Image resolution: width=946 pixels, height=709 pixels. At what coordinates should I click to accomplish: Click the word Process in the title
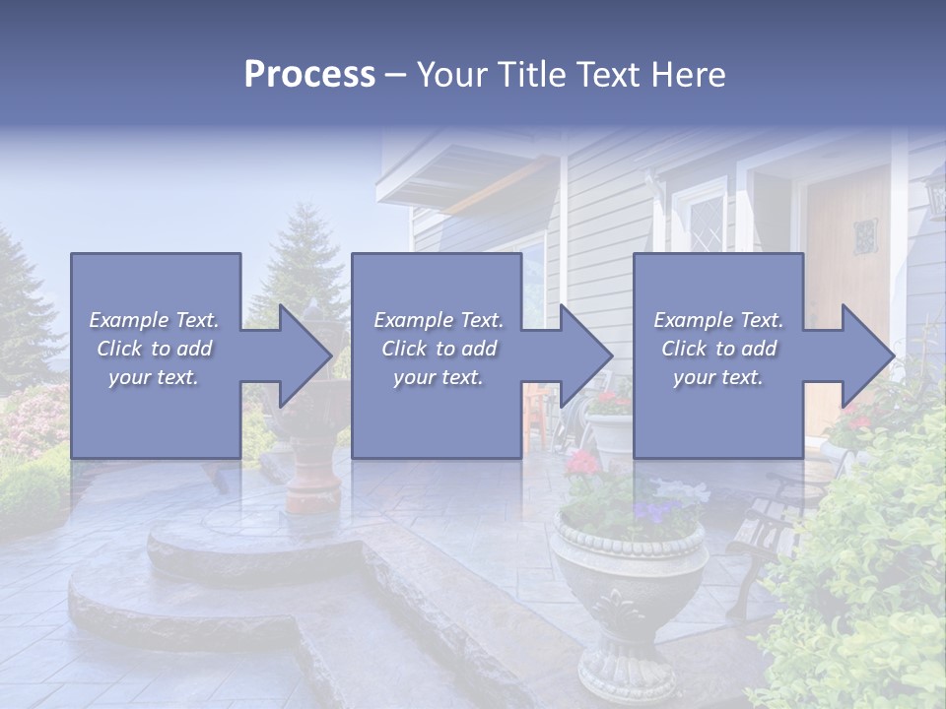click(309, 75)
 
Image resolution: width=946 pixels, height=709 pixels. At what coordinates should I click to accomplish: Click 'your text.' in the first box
click(154, 377)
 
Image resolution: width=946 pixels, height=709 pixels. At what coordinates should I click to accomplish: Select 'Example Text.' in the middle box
click(438, 320)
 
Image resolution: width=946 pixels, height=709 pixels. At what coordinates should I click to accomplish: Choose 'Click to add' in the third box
click(718, 349)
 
